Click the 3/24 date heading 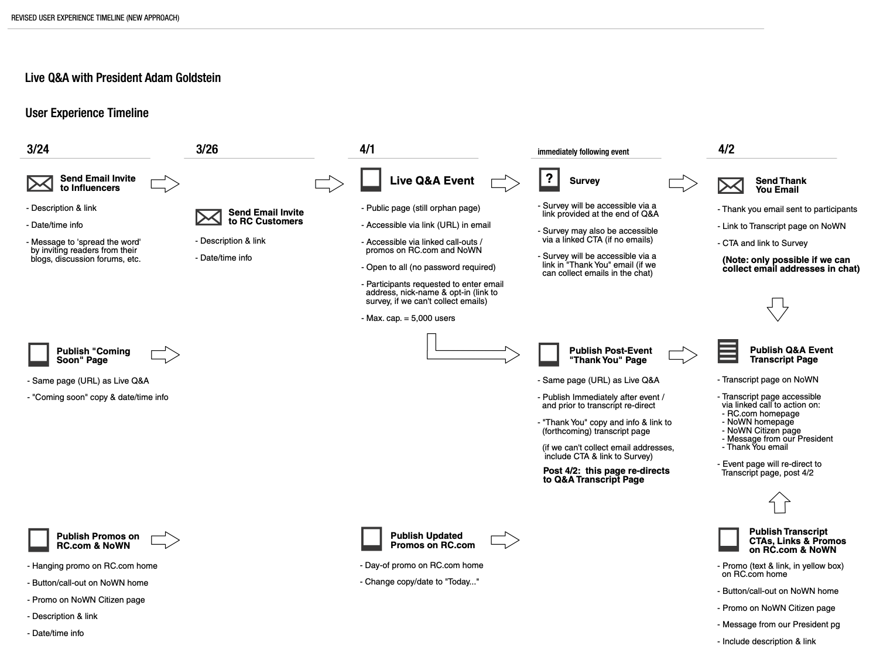click(x=38, y=149)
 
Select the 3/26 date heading click(x=207, y=149)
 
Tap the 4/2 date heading click(x=726, y=149)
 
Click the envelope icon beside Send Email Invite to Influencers click(x=40, y=183)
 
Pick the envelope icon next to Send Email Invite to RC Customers click(x=208, y=217)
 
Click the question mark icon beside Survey click(x=549, y=179)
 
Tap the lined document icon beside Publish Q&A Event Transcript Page click(x=728, y=351)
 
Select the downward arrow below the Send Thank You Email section click(x=778, y=309)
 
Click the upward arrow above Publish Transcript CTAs click(x=779, y=503)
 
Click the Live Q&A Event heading click(x=432, y=180)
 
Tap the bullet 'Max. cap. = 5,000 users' click(x=408, y=318)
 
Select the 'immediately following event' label click(x=583, y=152)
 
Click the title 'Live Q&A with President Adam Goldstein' click(x=123, y=77)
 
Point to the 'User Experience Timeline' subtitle click(x=87, y=113)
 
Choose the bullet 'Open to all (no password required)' click(x=429, y=267)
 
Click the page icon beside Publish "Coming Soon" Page click(x=39, y=354)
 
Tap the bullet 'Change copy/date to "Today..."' click(x=419, y=582)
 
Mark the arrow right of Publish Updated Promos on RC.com click(x=505, y=540)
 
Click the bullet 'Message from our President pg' click(x=778, y=625)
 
